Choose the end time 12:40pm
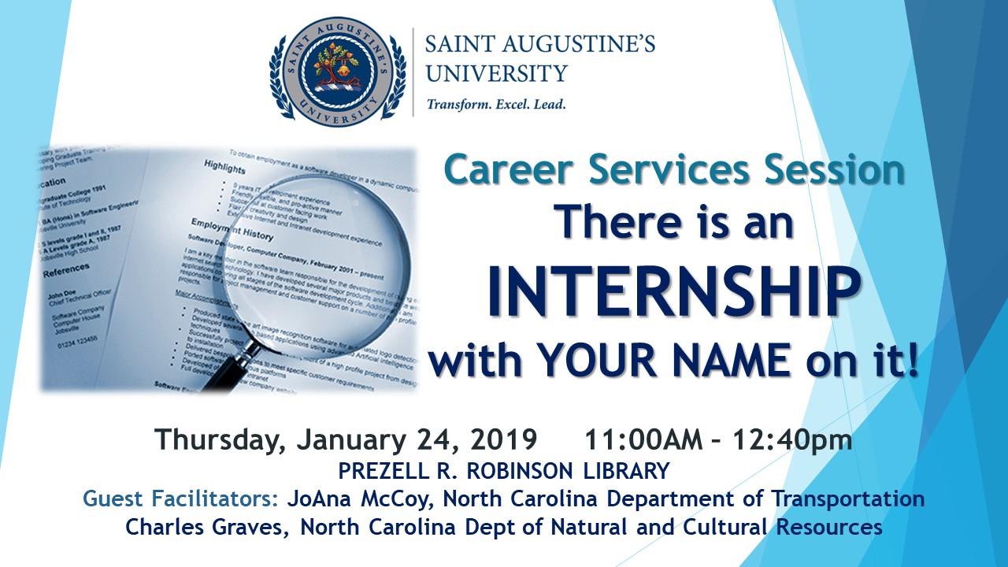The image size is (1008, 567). point(792,439)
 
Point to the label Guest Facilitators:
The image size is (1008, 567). point(182,498)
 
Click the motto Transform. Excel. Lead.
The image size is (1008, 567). point(496,104)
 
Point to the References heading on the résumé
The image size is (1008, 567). point(67,270)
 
